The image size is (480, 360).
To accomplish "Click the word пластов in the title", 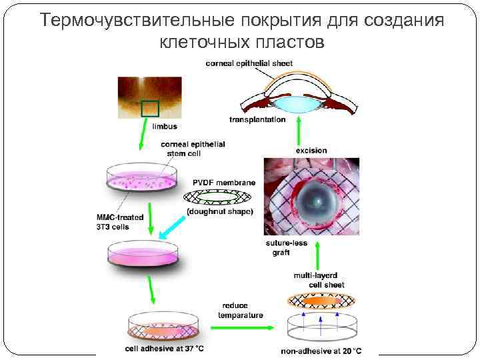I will point(290,43).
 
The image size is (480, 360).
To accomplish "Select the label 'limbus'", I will point(165,125).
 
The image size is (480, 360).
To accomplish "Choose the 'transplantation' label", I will point(257,120).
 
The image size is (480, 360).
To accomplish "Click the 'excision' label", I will point(311,150).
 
